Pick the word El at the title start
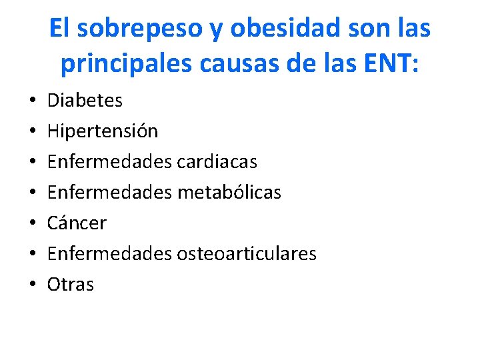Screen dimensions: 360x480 click(59, 29)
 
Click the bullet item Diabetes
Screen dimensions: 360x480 click(85, 101)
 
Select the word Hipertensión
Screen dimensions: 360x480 click(103, 131)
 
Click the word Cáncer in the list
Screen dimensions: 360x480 click(77, 223)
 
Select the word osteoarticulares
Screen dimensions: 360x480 click(246, 254)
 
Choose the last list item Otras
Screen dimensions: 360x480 click(70, 285)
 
